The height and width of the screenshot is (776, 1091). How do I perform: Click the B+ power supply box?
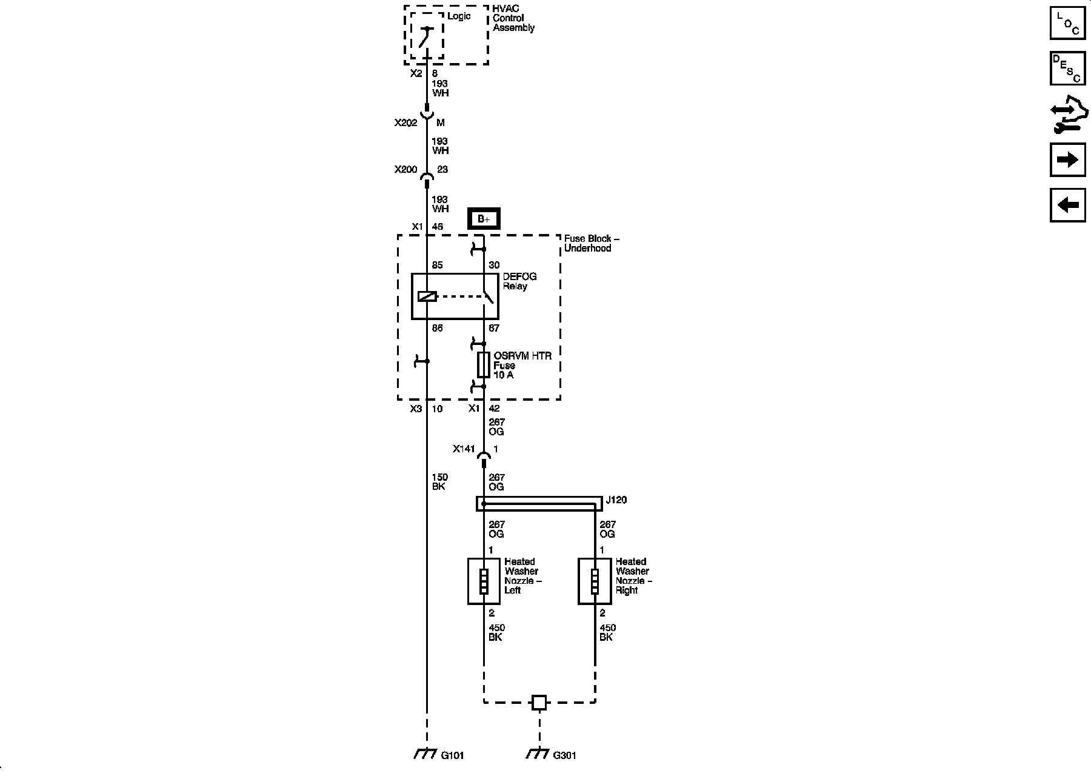(484, 219)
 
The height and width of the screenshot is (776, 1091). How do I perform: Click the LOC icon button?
(1067, 22)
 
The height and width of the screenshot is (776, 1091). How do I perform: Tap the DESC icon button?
(1067, 68)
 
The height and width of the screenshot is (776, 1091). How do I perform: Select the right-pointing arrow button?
(1067, 159)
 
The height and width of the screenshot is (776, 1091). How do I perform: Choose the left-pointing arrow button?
(1067, 205)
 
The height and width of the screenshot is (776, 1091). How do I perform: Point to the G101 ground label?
(452, 755)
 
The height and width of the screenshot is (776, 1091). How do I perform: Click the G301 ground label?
(564, 755)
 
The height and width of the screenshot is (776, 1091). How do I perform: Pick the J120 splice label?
(616, 500)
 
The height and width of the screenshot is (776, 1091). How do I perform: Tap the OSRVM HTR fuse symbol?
(484, 364)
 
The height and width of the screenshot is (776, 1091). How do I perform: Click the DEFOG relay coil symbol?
(427, 296)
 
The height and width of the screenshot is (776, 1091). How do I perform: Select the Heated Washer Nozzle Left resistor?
(484, 581)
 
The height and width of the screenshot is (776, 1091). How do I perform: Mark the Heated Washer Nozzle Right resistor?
(595, 581)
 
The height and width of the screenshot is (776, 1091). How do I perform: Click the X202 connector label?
(405, 122)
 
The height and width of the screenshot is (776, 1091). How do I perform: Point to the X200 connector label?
(405, 169)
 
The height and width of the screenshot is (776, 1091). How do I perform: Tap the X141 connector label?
(464, 449)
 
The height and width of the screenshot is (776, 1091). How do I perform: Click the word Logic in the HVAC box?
(459, 16)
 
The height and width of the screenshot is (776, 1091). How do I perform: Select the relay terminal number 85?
(437, 265)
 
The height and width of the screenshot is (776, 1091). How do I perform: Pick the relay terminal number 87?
(494, 328)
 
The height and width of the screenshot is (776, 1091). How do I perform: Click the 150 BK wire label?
(439, 482)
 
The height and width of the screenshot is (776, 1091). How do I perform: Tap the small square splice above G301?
(539, 703)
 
